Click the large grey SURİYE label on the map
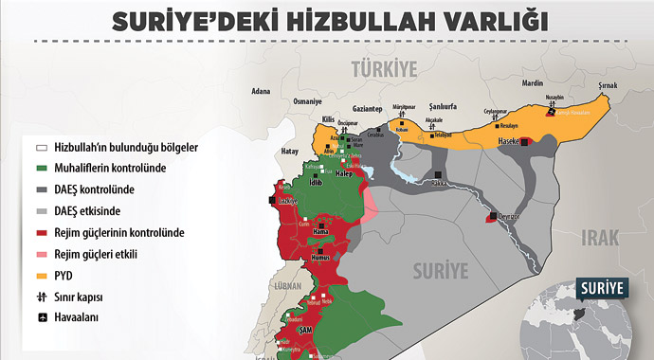440,271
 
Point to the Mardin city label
532,82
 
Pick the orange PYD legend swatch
42,275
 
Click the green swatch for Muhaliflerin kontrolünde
42,169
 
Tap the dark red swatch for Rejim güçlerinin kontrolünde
42,232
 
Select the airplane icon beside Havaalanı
42,316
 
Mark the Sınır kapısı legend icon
42,296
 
